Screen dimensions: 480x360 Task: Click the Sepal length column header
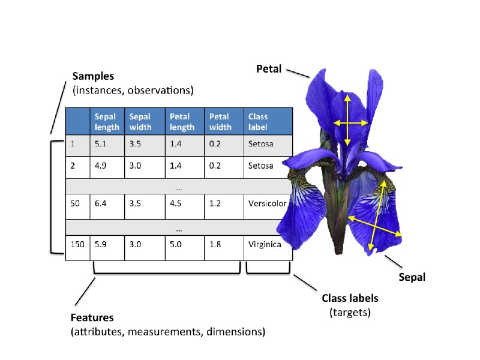[107, 122]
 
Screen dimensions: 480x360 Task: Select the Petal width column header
[224, 122]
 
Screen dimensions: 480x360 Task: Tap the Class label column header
[268, 122]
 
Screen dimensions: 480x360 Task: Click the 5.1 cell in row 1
[107, 146]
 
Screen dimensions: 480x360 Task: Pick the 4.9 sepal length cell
[107, 167]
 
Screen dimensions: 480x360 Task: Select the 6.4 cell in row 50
[107, 206]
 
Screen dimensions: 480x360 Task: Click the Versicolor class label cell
[267, 203]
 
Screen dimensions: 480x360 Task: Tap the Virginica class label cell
[265, 245]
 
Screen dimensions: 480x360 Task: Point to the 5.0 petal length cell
[185, 248]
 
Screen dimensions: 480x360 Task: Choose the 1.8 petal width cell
[224, 248]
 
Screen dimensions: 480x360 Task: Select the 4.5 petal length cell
[185, 206]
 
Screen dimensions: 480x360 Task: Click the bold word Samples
[93, 76]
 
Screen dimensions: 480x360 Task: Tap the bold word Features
[92, 318]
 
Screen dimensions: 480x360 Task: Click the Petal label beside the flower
[269, 69]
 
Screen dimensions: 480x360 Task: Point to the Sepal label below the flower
[412, 277]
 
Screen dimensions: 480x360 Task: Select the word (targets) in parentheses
[350, 313]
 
